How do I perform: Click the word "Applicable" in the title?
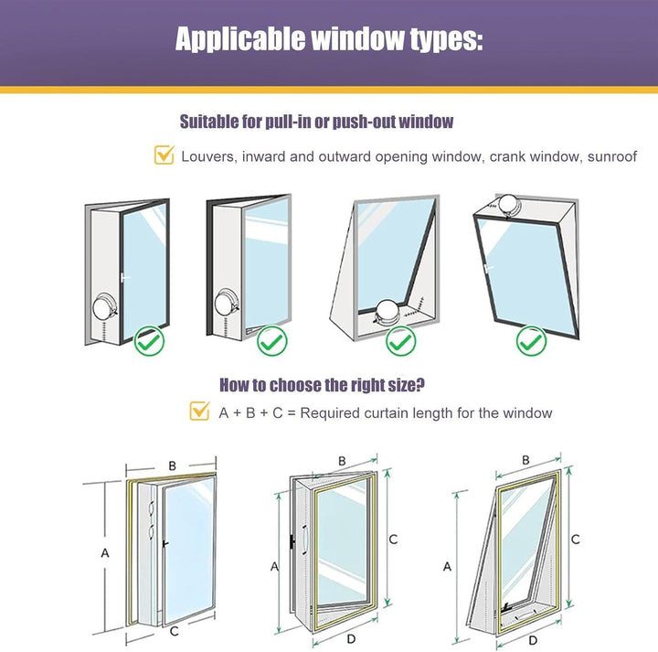point(240,39)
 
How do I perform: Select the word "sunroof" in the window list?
point(612,156)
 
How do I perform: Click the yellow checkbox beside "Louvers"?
point(164,155)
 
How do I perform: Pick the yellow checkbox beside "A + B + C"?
point(199,411)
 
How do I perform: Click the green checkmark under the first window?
point(149,341)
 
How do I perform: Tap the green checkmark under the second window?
point(272,341)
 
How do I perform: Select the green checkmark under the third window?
point(401,341)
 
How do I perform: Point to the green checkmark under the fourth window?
point(531,341)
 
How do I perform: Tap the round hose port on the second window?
point(226,303)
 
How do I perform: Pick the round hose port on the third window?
point(388,312)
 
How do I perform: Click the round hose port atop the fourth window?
point(509,206)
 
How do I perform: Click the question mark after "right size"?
point(419,384)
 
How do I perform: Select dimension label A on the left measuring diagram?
point(105,553)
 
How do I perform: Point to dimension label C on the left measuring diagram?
point(175,631)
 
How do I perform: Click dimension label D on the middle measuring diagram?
point(351,639)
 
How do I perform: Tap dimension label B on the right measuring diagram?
point(525,461)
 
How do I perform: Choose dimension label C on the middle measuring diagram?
point(393,539)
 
